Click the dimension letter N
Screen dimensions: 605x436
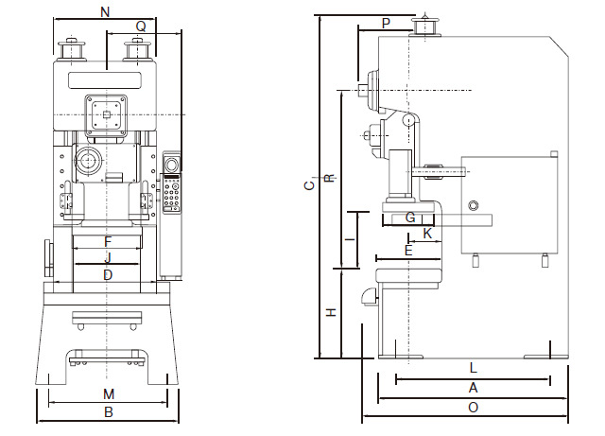click(x=105, y=12)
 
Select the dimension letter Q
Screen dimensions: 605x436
click(x=141, y=26)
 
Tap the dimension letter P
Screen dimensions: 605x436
click(x=386, y=23)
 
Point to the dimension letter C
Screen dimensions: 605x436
click(x=309, y=185)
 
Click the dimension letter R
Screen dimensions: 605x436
click(x=330, y=178)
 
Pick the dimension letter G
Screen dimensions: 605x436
click(x=410, y=218)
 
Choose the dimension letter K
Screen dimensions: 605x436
click(x=427, y=234)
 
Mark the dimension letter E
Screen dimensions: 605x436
click(x=408, y=251)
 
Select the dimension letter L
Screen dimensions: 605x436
click(x=474, y=368)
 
